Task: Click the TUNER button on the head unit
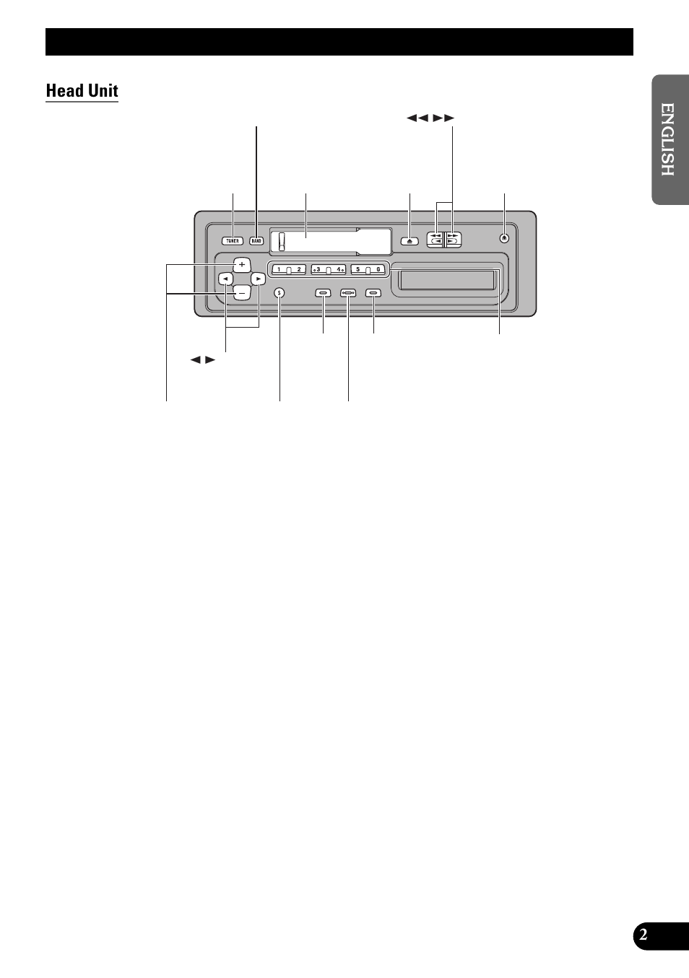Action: pos(233,241)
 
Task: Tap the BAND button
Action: pos(256,241)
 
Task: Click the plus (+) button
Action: pos(242,264)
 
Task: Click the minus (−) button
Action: pos(242,292)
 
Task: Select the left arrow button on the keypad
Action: pos(226,278)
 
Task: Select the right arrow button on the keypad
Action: pos(258,278)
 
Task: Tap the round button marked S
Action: pos(279,293)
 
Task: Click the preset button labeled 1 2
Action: pos(289,269)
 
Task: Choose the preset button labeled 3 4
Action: pos(329,269)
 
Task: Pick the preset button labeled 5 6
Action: pos(368,269)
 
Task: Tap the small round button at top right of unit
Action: pos(504,239)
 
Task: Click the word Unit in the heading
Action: pos(102,91)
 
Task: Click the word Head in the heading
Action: pos(63,91)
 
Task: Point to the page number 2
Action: pos(643,936)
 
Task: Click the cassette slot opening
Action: pos(447,279)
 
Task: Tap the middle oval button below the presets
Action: pos(348,293)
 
